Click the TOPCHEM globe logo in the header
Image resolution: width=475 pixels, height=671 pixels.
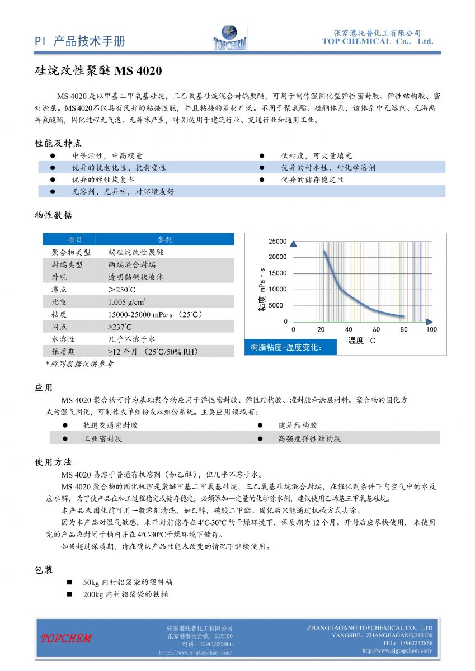click(229, 37)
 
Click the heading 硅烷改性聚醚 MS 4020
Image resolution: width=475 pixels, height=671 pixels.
click(98, 71)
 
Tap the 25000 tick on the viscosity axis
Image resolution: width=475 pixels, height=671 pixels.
click(278, 242)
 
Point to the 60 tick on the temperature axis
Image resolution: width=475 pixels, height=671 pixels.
click(376, 330)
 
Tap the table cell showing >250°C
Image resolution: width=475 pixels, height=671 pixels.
click(121, 289)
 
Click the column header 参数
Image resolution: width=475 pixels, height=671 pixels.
click(164, 239)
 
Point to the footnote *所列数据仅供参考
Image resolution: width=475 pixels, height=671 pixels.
click(79, 364)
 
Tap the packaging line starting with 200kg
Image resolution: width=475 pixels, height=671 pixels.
click(125, 594)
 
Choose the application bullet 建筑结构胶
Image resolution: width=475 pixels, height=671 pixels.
click(298, 426)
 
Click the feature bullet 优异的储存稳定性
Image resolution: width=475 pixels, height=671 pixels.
click(312, 179)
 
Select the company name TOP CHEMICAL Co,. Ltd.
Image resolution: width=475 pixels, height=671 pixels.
click(378, 41)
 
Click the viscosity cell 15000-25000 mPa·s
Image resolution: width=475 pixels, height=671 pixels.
click(156, 314)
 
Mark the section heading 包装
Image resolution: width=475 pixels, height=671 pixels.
click(44, 569)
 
